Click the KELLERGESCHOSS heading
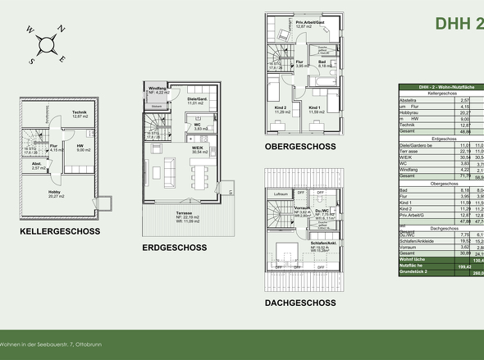[x=60, y=231]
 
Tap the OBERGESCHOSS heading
[x=302, y=147]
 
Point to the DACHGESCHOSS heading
[x=303, y=303]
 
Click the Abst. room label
[x=38, y=163]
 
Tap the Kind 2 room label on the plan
[x=281, y=108]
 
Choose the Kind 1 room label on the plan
[x=313, y=107]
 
